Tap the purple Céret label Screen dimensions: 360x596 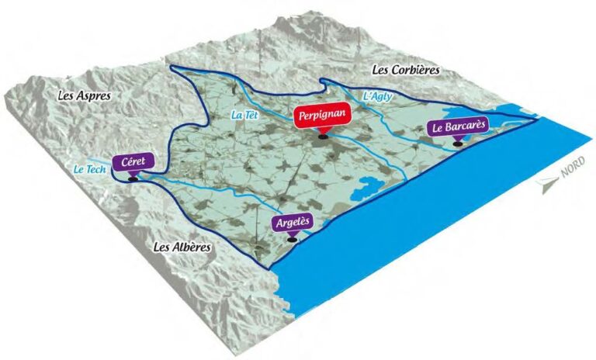(x=133, y=163)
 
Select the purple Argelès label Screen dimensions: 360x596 (x=293, y=222)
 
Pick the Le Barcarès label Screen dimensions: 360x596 (x=458, y=127)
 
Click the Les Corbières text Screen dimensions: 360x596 (x=405, y=71)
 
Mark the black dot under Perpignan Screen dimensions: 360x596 (x=322, y=137)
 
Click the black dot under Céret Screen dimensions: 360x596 (x=133, y=180)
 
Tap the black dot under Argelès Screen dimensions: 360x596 (x=292, y=240)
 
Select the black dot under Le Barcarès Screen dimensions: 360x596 (x=459, y=144)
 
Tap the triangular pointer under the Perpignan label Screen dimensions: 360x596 (x=322, y=130)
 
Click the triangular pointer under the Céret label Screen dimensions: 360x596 (x=133, y=174)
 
